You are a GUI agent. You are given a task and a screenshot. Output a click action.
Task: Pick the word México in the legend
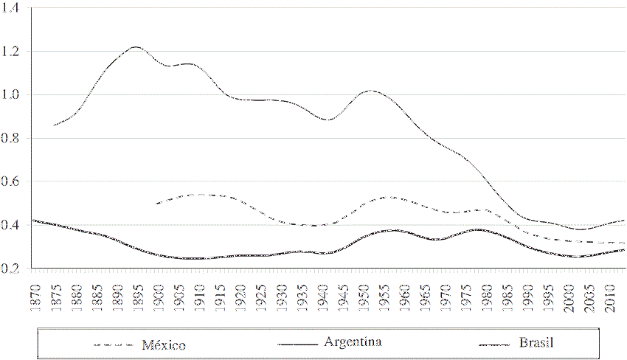click(x=164, y=345)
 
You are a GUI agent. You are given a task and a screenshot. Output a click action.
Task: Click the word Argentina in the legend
click(x=353, y=342)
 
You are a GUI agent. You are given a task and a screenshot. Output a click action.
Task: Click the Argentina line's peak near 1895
click(x=136, y=47)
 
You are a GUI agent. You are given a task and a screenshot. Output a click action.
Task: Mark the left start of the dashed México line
click(x=156, y=204)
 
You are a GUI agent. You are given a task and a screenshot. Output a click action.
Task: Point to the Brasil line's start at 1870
click(x=34, y=221)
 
